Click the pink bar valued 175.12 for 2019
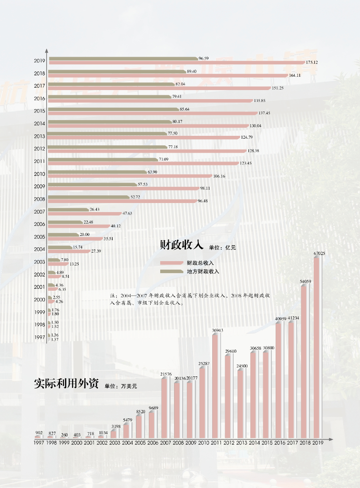click(176, 62)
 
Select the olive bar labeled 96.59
click(123, 59)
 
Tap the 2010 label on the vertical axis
click(40, 174)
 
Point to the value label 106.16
click(219, 176)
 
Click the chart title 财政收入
click(182, 245)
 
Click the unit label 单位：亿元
click(222, 247)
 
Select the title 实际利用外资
click(65, 384)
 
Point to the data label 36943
click(217, 330)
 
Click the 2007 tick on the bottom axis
click(165, 443)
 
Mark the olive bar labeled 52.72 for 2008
click(89, 197)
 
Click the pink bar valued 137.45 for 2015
click(153, 113)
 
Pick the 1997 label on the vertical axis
click(40, 337)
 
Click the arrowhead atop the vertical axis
click(47, 50)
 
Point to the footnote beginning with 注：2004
click(190, 299)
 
